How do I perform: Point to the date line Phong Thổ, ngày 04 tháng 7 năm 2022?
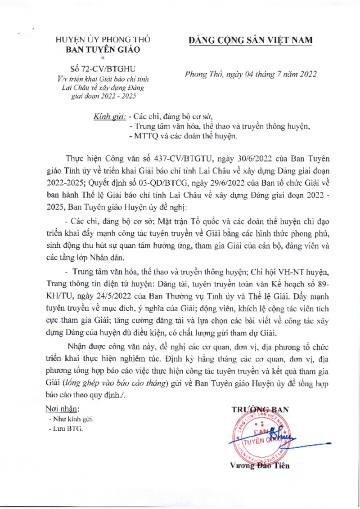pos(251,75)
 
